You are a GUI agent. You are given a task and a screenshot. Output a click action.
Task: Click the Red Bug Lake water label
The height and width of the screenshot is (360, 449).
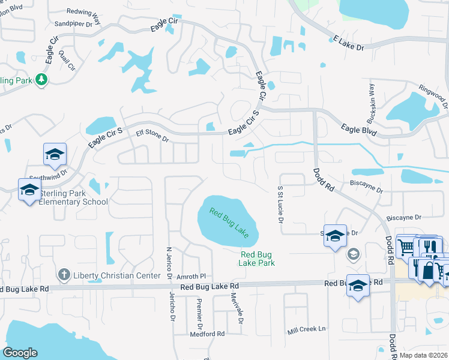pyautogui.click(x=229, y=222)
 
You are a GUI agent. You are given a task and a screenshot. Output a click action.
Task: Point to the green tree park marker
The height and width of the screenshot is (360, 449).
pyautogui.click(x=41, y=80)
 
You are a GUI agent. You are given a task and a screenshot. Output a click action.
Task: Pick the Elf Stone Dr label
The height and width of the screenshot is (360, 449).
pyautogui.click(x=152, y=135)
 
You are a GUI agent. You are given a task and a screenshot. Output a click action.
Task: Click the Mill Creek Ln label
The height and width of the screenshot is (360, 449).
pyautogui.click(x=306, y=329)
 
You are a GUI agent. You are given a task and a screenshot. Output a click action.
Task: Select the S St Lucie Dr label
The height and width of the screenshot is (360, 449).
pyautogui.click(x=280, y=204)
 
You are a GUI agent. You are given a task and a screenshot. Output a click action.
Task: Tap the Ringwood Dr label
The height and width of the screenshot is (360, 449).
pyautogui.click(x=433, y=95)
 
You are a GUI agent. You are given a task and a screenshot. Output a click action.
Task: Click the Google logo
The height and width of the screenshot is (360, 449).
pyautogui.click(x=20, y=353)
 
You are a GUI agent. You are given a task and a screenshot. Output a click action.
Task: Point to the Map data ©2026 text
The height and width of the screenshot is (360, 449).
pyautogui.click(x=423, y=355)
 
